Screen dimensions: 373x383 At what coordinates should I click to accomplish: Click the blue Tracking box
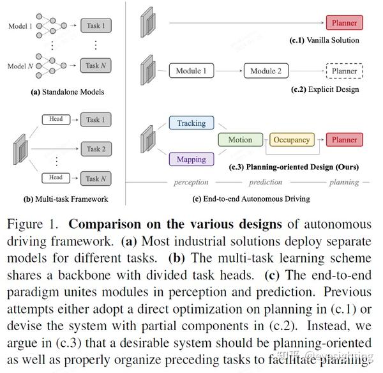click(x=191, y=123)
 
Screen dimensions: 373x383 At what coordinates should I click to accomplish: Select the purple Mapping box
click(x=191, y=159)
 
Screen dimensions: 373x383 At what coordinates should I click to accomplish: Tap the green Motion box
click(x=240, y=140)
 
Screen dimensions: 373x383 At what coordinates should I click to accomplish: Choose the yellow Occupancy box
click(x=291, y=140)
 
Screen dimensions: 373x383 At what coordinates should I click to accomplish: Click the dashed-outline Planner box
click(x=344, y=71)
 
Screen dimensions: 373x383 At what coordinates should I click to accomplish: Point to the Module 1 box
click(x=191, y=71)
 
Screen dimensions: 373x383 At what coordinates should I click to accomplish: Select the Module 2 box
click(x=266, y=71)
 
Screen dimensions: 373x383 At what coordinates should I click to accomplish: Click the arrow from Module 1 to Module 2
click(x=229, y=71)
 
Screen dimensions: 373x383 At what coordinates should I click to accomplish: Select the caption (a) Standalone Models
click(x=67, y=92)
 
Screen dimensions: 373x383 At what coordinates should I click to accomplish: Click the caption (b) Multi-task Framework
click(x=66, y=199)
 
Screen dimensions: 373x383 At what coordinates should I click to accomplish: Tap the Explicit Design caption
click(x=326, y=89)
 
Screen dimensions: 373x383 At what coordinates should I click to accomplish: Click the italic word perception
click(x=191, y=182)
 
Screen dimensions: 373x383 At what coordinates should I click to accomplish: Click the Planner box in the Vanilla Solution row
click(x=344, y=23)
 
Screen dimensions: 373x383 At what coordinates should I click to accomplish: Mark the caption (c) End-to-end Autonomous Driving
click(x=251, y=199)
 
